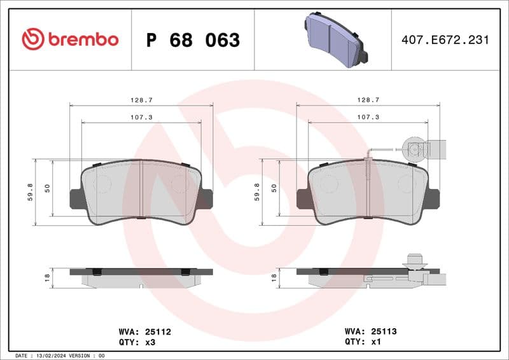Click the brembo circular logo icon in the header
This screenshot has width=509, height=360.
[x=33, y=39]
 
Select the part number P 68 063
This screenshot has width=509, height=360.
[x=193, y=40]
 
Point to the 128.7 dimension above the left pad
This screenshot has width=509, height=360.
[x=141, y=100]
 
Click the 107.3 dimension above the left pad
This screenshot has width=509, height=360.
[x=141, y=117]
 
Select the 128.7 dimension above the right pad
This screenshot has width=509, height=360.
[x=368, y=100]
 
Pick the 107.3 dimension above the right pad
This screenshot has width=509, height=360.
[x=368, y=117]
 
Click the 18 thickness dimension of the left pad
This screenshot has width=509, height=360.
[x=46, y=277]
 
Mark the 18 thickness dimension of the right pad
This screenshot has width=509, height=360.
[x=274, y=277]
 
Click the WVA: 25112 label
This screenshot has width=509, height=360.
[x=144, y=331]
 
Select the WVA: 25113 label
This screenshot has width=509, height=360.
[x=371, y=331]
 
